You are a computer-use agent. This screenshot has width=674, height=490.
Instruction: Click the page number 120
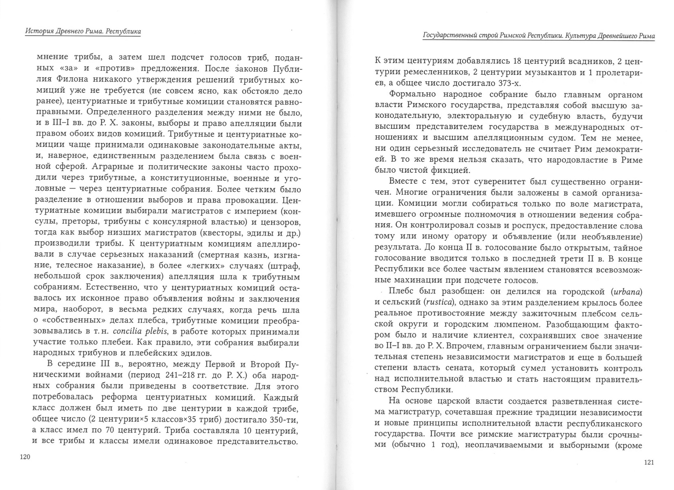coord(25,457)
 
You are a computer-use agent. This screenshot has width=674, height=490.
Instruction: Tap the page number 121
coord(649,463)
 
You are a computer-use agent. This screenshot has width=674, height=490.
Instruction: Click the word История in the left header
coord(37,31)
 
